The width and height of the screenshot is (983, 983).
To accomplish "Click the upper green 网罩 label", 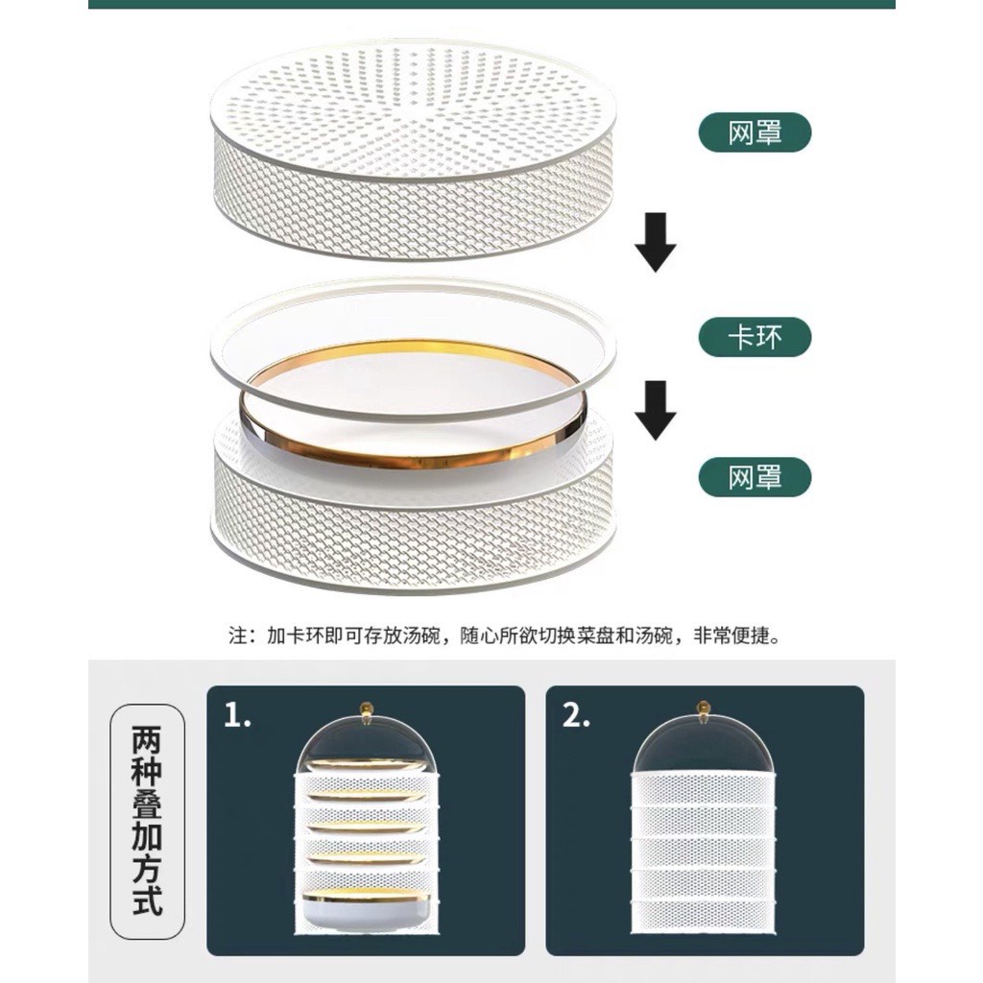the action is tap(755, 132).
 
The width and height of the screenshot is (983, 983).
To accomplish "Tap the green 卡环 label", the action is tap(755, 337).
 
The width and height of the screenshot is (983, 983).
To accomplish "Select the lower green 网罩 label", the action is tap(755, 477).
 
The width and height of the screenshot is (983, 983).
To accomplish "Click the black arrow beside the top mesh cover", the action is tap(655, 242).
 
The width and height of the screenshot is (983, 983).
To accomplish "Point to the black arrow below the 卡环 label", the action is tap(655, 410).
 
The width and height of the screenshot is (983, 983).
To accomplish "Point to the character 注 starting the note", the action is tap(238, 635).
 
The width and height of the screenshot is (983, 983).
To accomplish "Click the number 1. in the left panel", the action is tap(238, 714).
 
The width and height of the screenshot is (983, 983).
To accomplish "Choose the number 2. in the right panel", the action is tap(576, 714).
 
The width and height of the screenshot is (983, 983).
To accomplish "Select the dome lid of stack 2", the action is tap(706, 746).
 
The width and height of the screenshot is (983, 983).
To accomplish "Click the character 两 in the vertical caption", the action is tap(147, 740).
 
